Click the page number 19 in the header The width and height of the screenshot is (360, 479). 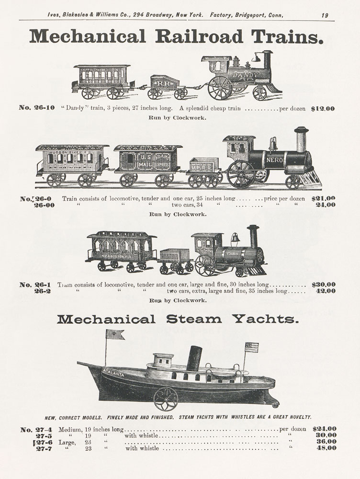[325, 15]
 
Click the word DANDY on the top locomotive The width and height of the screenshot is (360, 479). [246, 75]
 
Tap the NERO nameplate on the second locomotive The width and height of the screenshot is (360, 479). [274, 160]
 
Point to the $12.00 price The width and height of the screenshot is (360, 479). [323, 108]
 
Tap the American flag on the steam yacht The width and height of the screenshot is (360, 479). [252, 347]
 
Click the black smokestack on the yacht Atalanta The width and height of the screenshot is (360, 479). [194, 358]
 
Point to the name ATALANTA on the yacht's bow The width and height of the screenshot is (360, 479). [113, 372]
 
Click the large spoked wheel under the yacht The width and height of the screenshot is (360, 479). [166, 399]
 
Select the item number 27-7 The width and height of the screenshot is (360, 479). [44, 448]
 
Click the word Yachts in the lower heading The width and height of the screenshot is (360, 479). [266, 319]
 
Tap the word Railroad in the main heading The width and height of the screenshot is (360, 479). [199, 37]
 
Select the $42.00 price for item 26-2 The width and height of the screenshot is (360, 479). [326, 291]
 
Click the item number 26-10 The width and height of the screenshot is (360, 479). [37, 107]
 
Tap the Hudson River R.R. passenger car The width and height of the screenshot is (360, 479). [72, 165]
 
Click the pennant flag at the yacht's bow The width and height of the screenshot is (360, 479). [115, 334]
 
